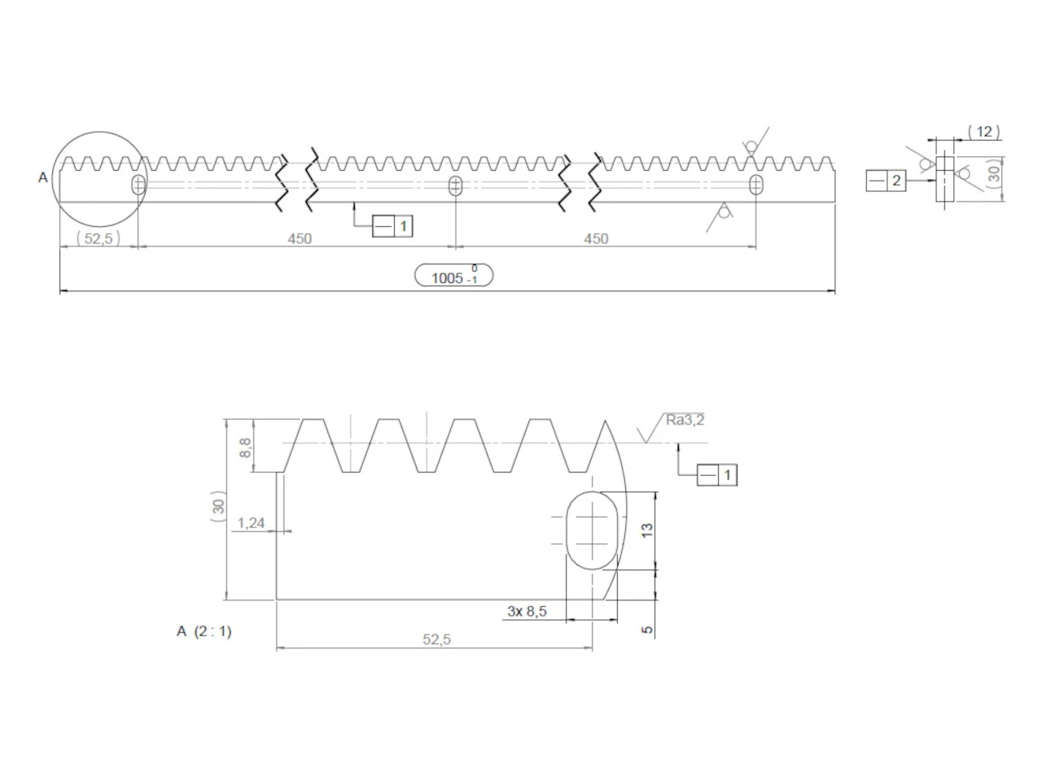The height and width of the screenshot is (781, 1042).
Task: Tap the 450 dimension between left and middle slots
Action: tap(300, 238)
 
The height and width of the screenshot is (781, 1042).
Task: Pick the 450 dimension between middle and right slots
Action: tap(596, 238)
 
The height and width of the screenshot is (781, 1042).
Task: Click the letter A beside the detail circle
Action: tap(42, 177)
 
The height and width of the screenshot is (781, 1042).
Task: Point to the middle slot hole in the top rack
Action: tap(455, 185)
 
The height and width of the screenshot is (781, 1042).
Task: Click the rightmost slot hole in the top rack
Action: tap(756, 184)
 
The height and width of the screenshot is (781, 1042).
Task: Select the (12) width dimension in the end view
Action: tap(984, 132)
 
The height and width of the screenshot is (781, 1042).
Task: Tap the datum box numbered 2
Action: tap(886, 181)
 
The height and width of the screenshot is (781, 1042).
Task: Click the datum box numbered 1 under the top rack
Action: tap(392, 226)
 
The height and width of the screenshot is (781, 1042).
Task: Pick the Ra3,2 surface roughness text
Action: tap(685, 420)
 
